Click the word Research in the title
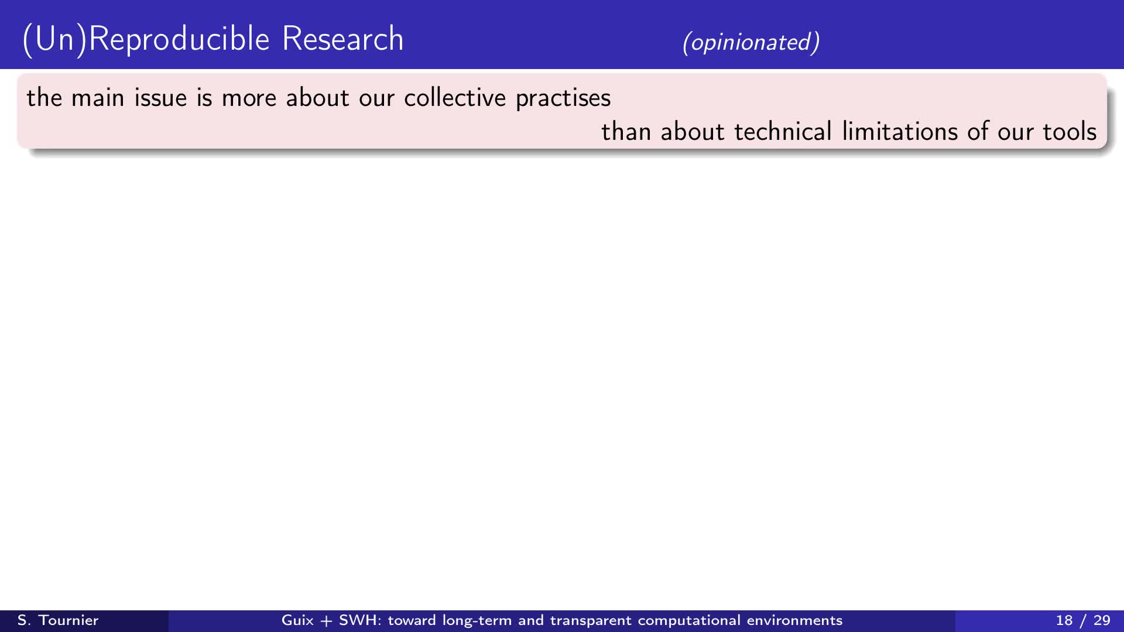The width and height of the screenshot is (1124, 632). tap(343, 39)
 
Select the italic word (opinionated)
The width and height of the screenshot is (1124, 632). tap(751, 42)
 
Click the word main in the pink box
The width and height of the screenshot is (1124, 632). tap(98, 98)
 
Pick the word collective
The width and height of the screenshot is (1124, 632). tap(455, 98)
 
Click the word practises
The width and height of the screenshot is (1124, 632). tap(563, 98)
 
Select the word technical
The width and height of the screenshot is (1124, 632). tap(783, 132)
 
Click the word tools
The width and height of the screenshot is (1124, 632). tap(1070, 132)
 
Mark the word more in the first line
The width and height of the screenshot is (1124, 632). tap(249, 98)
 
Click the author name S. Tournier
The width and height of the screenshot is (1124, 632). tap(58, 620)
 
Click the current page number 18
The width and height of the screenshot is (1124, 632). tap(1064, 620)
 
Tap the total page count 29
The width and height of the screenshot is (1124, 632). tap(1102, 620)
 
